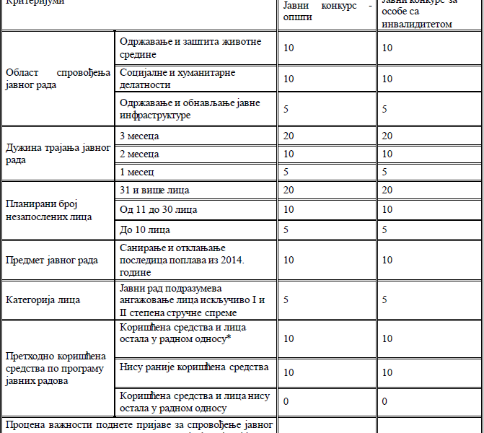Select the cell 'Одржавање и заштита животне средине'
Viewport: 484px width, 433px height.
coord(190,48)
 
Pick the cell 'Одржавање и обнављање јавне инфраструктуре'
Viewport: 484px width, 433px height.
coord(190,109)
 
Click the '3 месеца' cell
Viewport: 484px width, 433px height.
coord(139,136)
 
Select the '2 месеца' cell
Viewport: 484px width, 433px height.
coord(139,154)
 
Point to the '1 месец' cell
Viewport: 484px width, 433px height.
coord(137,172)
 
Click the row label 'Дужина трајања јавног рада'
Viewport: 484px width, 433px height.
coord(57,154)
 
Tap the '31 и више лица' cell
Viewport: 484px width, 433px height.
coord(154,190)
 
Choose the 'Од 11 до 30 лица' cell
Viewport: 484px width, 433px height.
coord(158,209)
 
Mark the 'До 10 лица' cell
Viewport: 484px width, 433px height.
coord(145,229)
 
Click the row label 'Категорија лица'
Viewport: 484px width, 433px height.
coord(43,299)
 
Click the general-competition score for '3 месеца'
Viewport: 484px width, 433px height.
coord(289,136)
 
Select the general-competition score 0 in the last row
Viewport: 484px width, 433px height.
coord(286,401)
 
